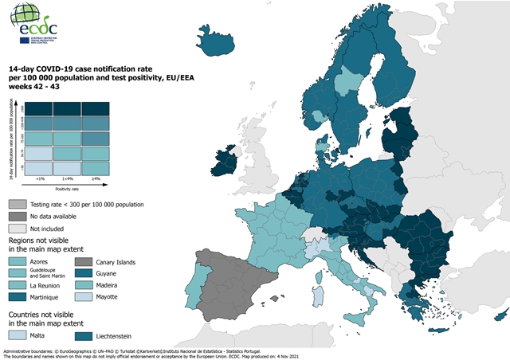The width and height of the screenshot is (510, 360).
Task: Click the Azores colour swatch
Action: [x=19, y=261]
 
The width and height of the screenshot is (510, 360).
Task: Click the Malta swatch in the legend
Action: [x=19, y=335]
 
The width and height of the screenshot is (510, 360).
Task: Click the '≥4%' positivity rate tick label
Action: [x=95, y=179]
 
